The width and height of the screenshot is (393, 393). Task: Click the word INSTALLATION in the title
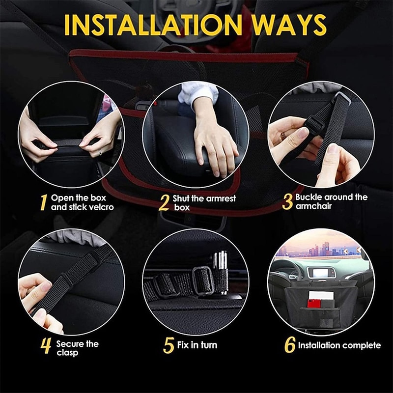pyautogui.click(x=153, y=25)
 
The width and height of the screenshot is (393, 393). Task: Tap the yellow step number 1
pyautogui.click(x=44, y=202)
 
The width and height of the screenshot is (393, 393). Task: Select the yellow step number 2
pyautogui.click(x=164, y=203)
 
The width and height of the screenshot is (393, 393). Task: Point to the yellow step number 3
pyautogui.click(x=287, y=201)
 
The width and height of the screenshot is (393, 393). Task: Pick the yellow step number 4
pyautogui.click(x=46, y=346)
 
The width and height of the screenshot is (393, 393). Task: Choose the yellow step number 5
pyautogui.click(x=168, y=345)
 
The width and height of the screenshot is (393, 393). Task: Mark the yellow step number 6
pyautogui.click(x=290, y=345)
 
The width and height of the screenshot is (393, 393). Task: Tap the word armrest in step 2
pyautogui.click(x=221, y=199)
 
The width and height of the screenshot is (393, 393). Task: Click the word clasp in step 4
pyautogui.click(x=67, y=353)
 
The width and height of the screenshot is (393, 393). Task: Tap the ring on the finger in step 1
pyautogui.click(x=100, y=152)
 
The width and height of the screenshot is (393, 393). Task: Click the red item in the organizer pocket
pyautogui.click(x=314, y=303)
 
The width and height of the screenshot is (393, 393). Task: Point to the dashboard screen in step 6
pyautogui.click(x=321, y=273)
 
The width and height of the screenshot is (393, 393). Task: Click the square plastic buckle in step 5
pyautogui.click(x=202, y=280)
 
